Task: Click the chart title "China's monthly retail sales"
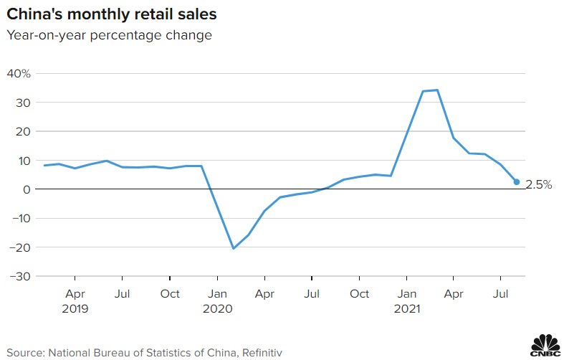pyautogui.click(x=113, y=14)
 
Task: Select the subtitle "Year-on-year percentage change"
pyautogui.click(x=109, y=35)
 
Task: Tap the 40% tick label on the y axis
pyautogui.click(x=19, y=74)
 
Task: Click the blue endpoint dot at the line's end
pyautogui.click(x=517, y=182)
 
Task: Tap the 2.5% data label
pyautogui.click(x=539, y=184)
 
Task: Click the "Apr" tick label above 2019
pyautogui.click(x=75, y=294)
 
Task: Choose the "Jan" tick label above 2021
pyautogui.click(x=406, y=294)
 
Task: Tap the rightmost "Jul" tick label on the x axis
pyautogui.click(x=501, y=294)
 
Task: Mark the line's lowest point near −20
pyautogui.click(x=233, y=249)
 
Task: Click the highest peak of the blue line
pyautogui.click(x=437, y=90)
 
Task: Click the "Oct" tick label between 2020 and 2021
pyautogui.click(x=359, y=294)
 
